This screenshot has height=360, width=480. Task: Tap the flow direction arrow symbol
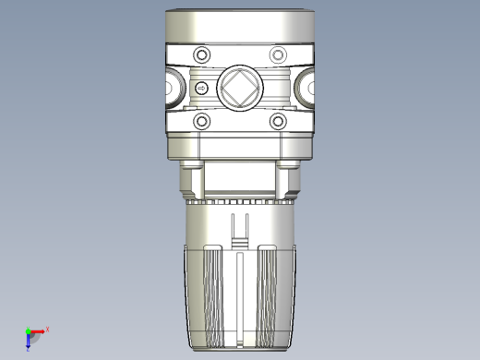pyautogui.click(x=201, y=89)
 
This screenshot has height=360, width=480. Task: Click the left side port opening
pyautogui.click(x=172, y=89)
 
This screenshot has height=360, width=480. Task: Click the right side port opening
pyautogui.click(x=307, y=89)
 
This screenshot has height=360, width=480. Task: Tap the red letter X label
pyautogui.click(x=47, y=329)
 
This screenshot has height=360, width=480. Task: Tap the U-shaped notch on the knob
pyautogui.click(x=240, y=229)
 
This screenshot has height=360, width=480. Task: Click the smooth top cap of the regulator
pyautogui.click(x=240, y=26)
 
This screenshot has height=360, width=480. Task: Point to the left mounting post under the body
pyautogui.click(x=191, y=175)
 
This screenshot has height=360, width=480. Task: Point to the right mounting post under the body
pyautogui.click(x=289, y=175)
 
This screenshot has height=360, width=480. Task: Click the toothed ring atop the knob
pyautogui.click(x=240, y=199)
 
